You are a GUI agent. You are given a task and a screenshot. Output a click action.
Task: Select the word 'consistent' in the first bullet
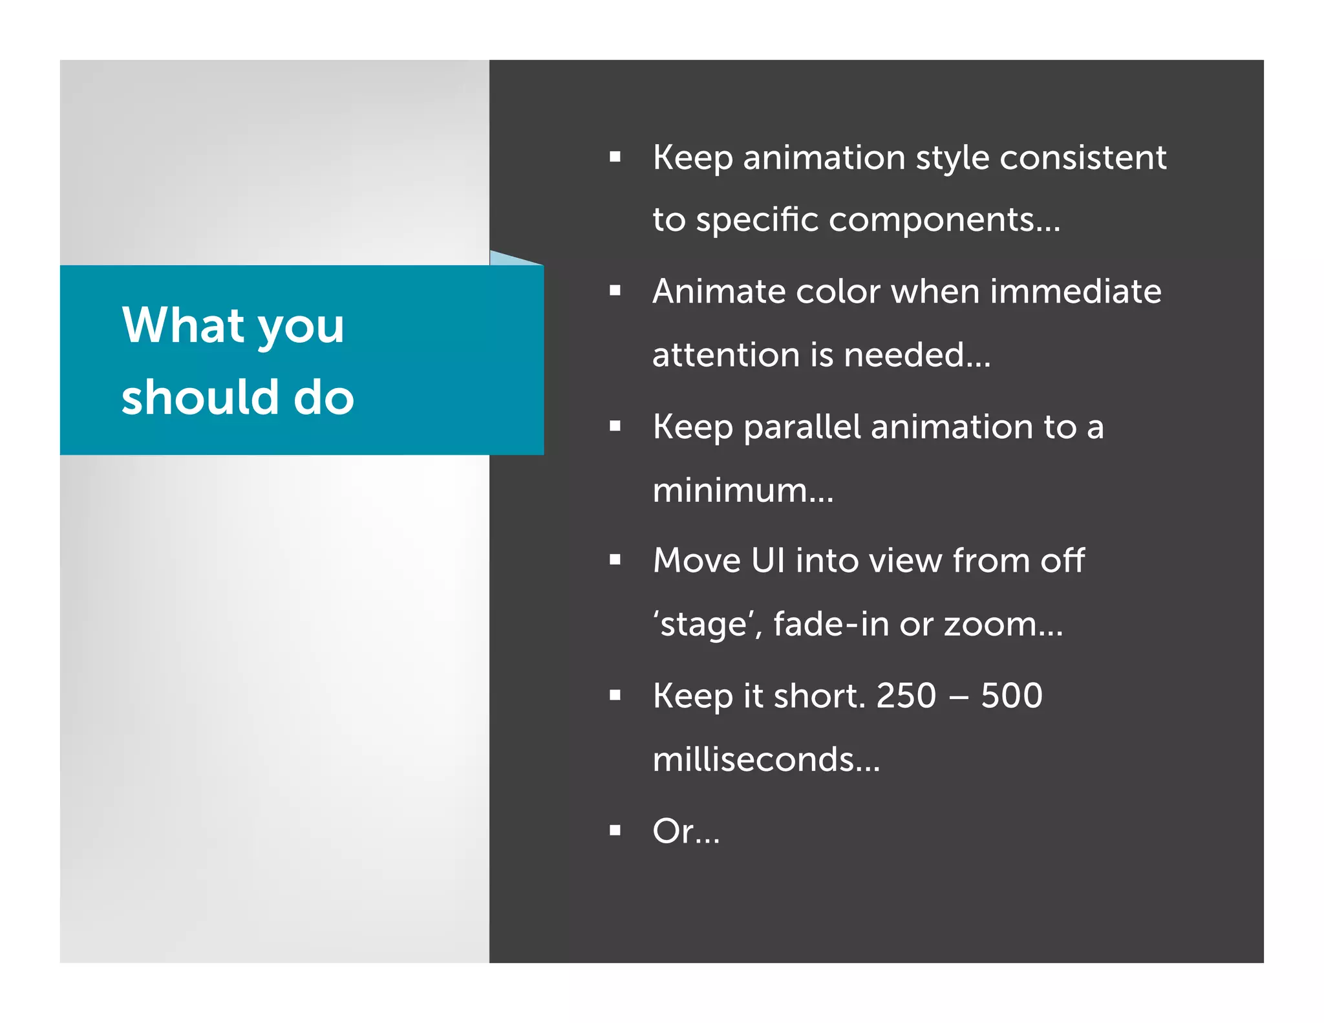[x=1083, y=157]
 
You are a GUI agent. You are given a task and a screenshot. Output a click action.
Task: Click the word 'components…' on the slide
[x=945, y=221]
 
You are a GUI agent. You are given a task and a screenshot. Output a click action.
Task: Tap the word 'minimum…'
[x=743, y=490]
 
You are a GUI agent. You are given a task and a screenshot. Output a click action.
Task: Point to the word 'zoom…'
[x=1003, y=624]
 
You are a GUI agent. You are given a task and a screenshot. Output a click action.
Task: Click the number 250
[x=906, y=696]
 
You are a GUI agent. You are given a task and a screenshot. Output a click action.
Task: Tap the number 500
[x=1011, y=696]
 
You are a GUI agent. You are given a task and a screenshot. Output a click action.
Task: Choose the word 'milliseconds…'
[x=766, y=759]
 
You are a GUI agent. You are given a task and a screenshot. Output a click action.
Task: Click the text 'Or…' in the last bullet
[x=686, y=831]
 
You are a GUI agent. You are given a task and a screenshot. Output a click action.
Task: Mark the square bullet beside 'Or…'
[x=615, y=830]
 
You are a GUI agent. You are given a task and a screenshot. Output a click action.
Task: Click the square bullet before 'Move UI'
[x=615, y=560]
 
